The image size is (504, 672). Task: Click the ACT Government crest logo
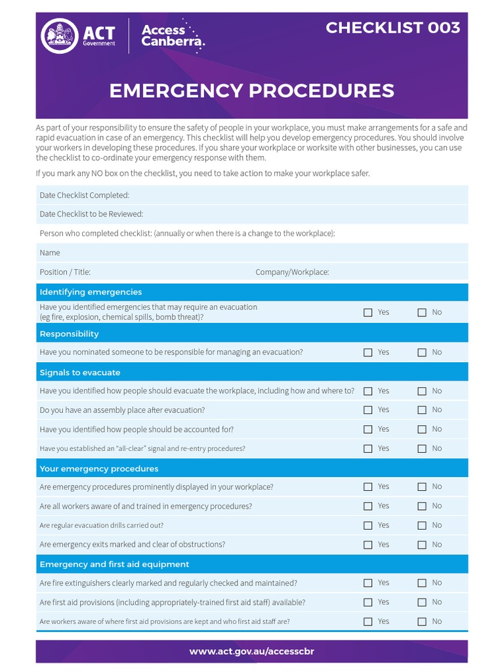point(60,36)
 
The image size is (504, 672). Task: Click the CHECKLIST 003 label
point(392,28)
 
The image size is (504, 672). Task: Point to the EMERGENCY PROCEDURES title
point(251,91)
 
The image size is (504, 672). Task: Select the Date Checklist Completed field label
point(84,195)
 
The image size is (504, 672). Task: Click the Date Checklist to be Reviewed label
point(91,214)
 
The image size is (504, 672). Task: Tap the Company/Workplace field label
point(292,272)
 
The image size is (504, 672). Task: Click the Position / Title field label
point(65,272)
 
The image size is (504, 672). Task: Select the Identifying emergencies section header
point(91,292)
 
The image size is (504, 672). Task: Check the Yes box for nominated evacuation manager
point(368,352)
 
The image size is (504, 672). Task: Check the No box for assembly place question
point(422,410)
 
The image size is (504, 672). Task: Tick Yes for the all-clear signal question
point(368,449)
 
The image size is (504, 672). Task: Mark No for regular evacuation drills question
point(422,526)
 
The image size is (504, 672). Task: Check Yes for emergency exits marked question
point(368,545)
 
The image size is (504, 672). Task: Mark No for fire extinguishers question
point(422,583)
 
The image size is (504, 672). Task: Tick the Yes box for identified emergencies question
point(368,312)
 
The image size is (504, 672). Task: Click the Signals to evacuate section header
point(80,372)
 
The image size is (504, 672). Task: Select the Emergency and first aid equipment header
point(114,564)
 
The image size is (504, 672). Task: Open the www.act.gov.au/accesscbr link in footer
point(251,652)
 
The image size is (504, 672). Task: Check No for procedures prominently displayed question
point(422,487)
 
